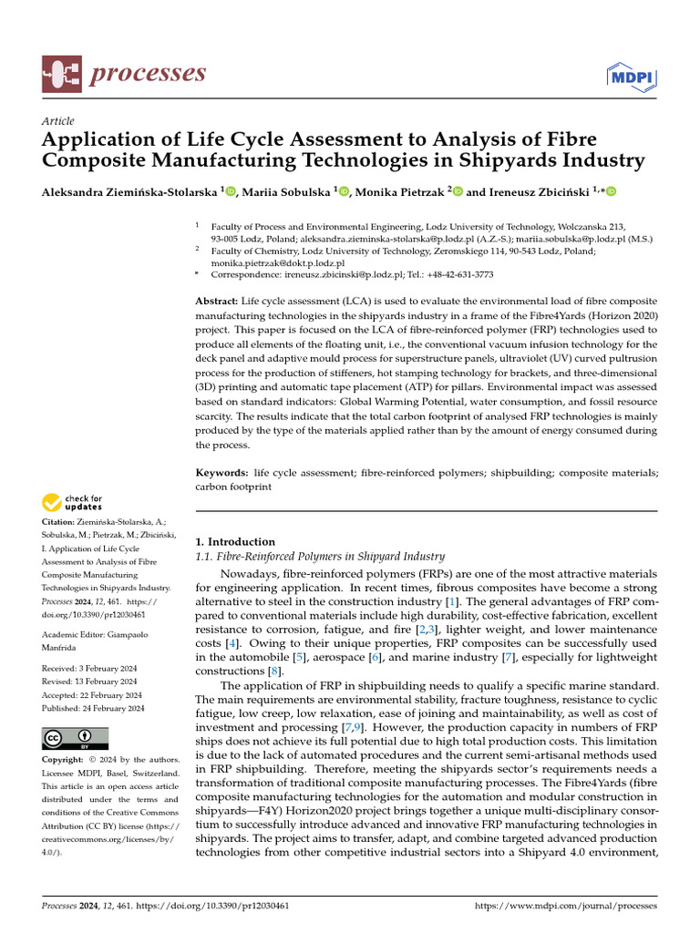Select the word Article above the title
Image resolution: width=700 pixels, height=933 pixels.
click(58, 121)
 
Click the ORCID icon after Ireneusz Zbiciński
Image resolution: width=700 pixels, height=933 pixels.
click(610, 191)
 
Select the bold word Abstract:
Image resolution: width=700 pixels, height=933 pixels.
click(217, 301)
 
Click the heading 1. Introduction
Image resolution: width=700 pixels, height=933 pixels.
click(235, 541)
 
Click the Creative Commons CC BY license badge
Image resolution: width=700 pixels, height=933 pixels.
click(76, 738)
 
